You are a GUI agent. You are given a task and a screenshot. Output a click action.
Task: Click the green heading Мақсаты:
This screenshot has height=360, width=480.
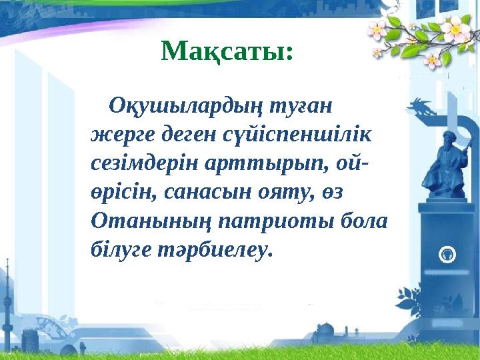227,50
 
